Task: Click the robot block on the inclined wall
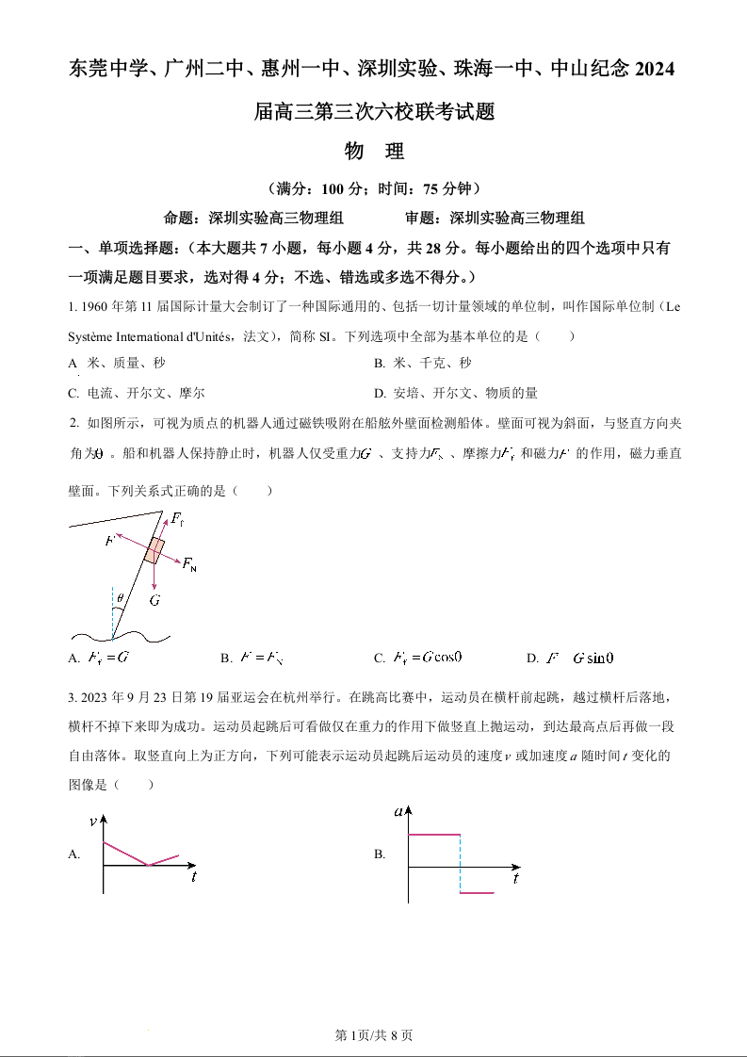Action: point(154,550)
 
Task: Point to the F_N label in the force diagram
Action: point(189,564)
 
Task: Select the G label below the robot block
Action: point(154,600)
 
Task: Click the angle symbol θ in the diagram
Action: point(120,596)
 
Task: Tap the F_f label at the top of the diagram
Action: point(176,519)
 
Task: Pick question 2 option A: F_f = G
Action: point(107,658)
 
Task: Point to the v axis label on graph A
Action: point(92,821)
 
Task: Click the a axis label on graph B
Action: point(399,811)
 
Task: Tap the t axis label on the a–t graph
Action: point(516,879)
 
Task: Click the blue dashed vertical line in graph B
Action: point(460,863)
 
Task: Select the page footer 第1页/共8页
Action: point(374,1035)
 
